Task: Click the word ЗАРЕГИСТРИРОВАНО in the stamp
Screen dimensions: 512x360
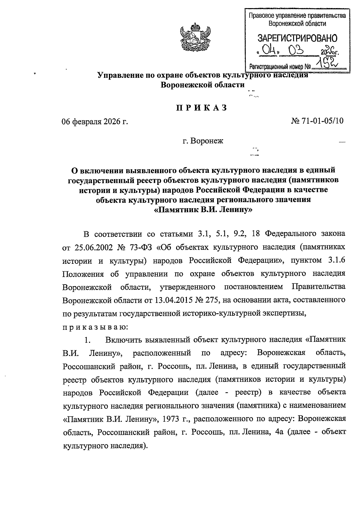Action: pos(297,38)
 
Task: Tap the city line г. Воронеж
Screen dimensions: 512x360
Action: pos(203,140)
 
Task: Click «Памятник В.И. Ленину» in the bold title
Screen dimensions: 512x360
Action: pos(203,210)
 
